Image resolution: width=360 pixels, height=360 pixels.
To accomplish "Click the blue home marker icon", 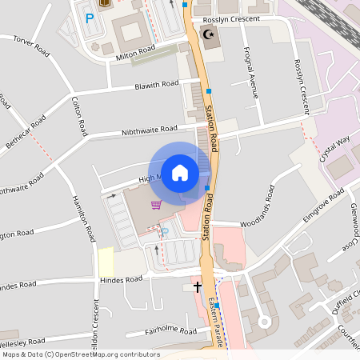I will coord(180,172).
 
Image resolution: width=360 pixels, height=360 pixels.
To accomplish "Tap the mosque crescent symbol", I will coord(210,34).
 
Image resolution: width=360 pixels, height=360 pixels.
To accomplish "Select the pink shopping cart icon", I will coord(156,205).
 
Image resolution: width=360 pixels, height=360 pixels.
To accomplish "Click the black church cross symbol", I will coord(198,286).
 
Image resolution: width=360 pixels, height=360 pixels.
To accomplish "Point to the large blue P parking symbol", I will coord(90,17).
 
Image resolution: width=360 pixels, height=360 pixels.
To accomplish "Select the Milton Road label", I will coord(136,50).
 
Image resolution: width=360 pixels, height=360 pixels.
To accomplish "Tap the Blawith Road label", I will coord(156,84).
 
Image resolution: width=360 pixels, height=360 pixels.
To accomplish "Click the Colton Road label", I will coord(78,115).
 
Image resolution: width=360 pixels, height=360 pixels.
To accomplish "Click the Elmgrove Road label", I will coord(324,205).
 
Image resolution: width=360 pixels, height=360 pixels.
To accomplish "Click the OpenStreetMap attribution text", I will coord(80,354).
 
